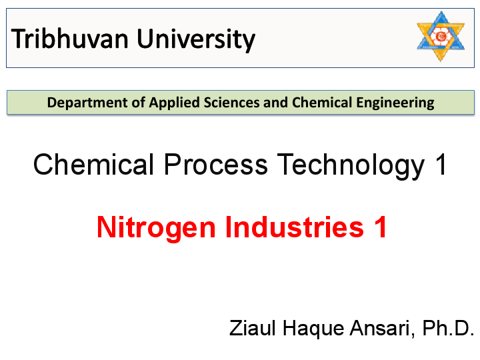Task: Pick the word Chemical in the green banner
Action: point(317,103)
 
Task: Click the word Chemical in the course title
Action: point(95,164)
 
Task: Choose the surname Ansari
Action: point(380,329)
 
